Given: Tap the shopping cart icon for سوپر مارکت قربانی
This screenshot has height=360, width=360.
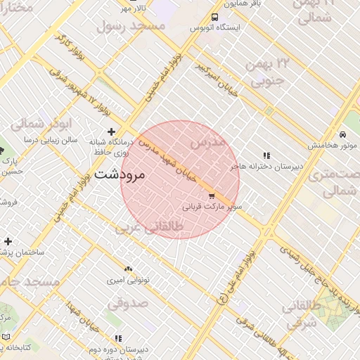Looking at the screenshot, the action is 211,196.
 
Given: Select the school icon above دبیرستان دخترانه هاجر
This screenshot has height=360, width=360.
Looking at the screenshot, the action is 266,155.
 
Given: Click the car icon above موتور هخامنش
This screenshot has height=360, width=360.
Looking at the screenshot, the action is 342,134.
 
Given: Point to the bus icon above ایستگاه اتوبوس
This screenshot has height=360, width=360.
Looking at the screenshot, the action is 214,18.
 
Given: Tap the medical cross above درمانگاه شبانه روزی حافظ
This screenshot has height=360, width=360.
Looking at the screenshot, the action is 111,131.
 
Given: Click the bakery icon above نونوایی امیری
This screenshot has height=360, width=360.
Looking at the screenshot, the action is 127,269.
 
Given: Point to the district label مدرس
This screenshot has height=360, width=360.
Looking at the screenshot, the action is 208,142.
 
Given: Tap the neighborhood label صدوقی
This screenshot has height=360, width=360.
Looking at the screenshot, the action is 128,304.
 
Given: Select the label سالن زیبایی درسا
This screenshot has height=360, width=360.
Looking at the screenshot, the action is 50,141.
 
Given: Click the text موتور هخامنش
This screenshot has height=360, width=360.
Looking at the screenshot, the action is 337,146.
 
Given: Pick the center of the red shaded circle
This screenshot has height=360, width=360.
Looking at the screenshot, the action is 180,179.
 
